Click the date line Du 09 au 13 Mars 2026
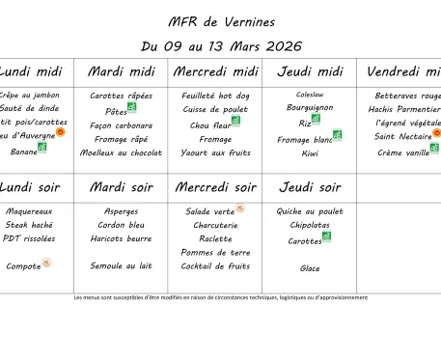pyautogui.click(x=220, y=45)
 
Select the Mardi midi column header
pyautogui.click(x=121, y=71)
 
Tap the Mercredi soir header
pyautogui.click(x=215, y=186)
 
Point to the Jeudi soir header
pyautogui.click(x=309, y=186)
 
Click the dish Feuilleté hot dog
pyautogui.click(x=215, y=96)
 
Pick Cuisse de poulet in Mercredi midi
pyautogui.click(x=215, y=109)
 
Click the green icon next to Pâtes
pyautogui.click(x=132, y=108)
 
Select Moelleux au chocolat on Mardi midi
pyautogui.click(x=121, y=152)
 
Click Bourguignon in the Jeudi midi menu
pyautogui.click(x=309, y=108)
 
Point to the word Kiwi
pyautogui.click(x=309, y=152)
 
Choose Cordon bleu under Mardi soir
pyautogui.click(x=121, y=225)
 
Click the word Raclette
pyautogui.click(x=215, y=238)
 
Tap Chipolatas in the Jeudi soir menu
pyautogui.click(x=309, y=225)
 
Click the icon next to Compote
pyautogui.click(x=46, y=262)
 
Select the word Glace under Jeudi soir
pyautogui.click(x=309, y=268)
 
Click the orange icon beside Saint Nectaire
pyautogui.click(x=436, y=133)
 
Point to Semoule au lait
pyautogui.click(x=121, y=265)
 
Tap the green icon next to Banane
pyautogui.click(x=42, y=148)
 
